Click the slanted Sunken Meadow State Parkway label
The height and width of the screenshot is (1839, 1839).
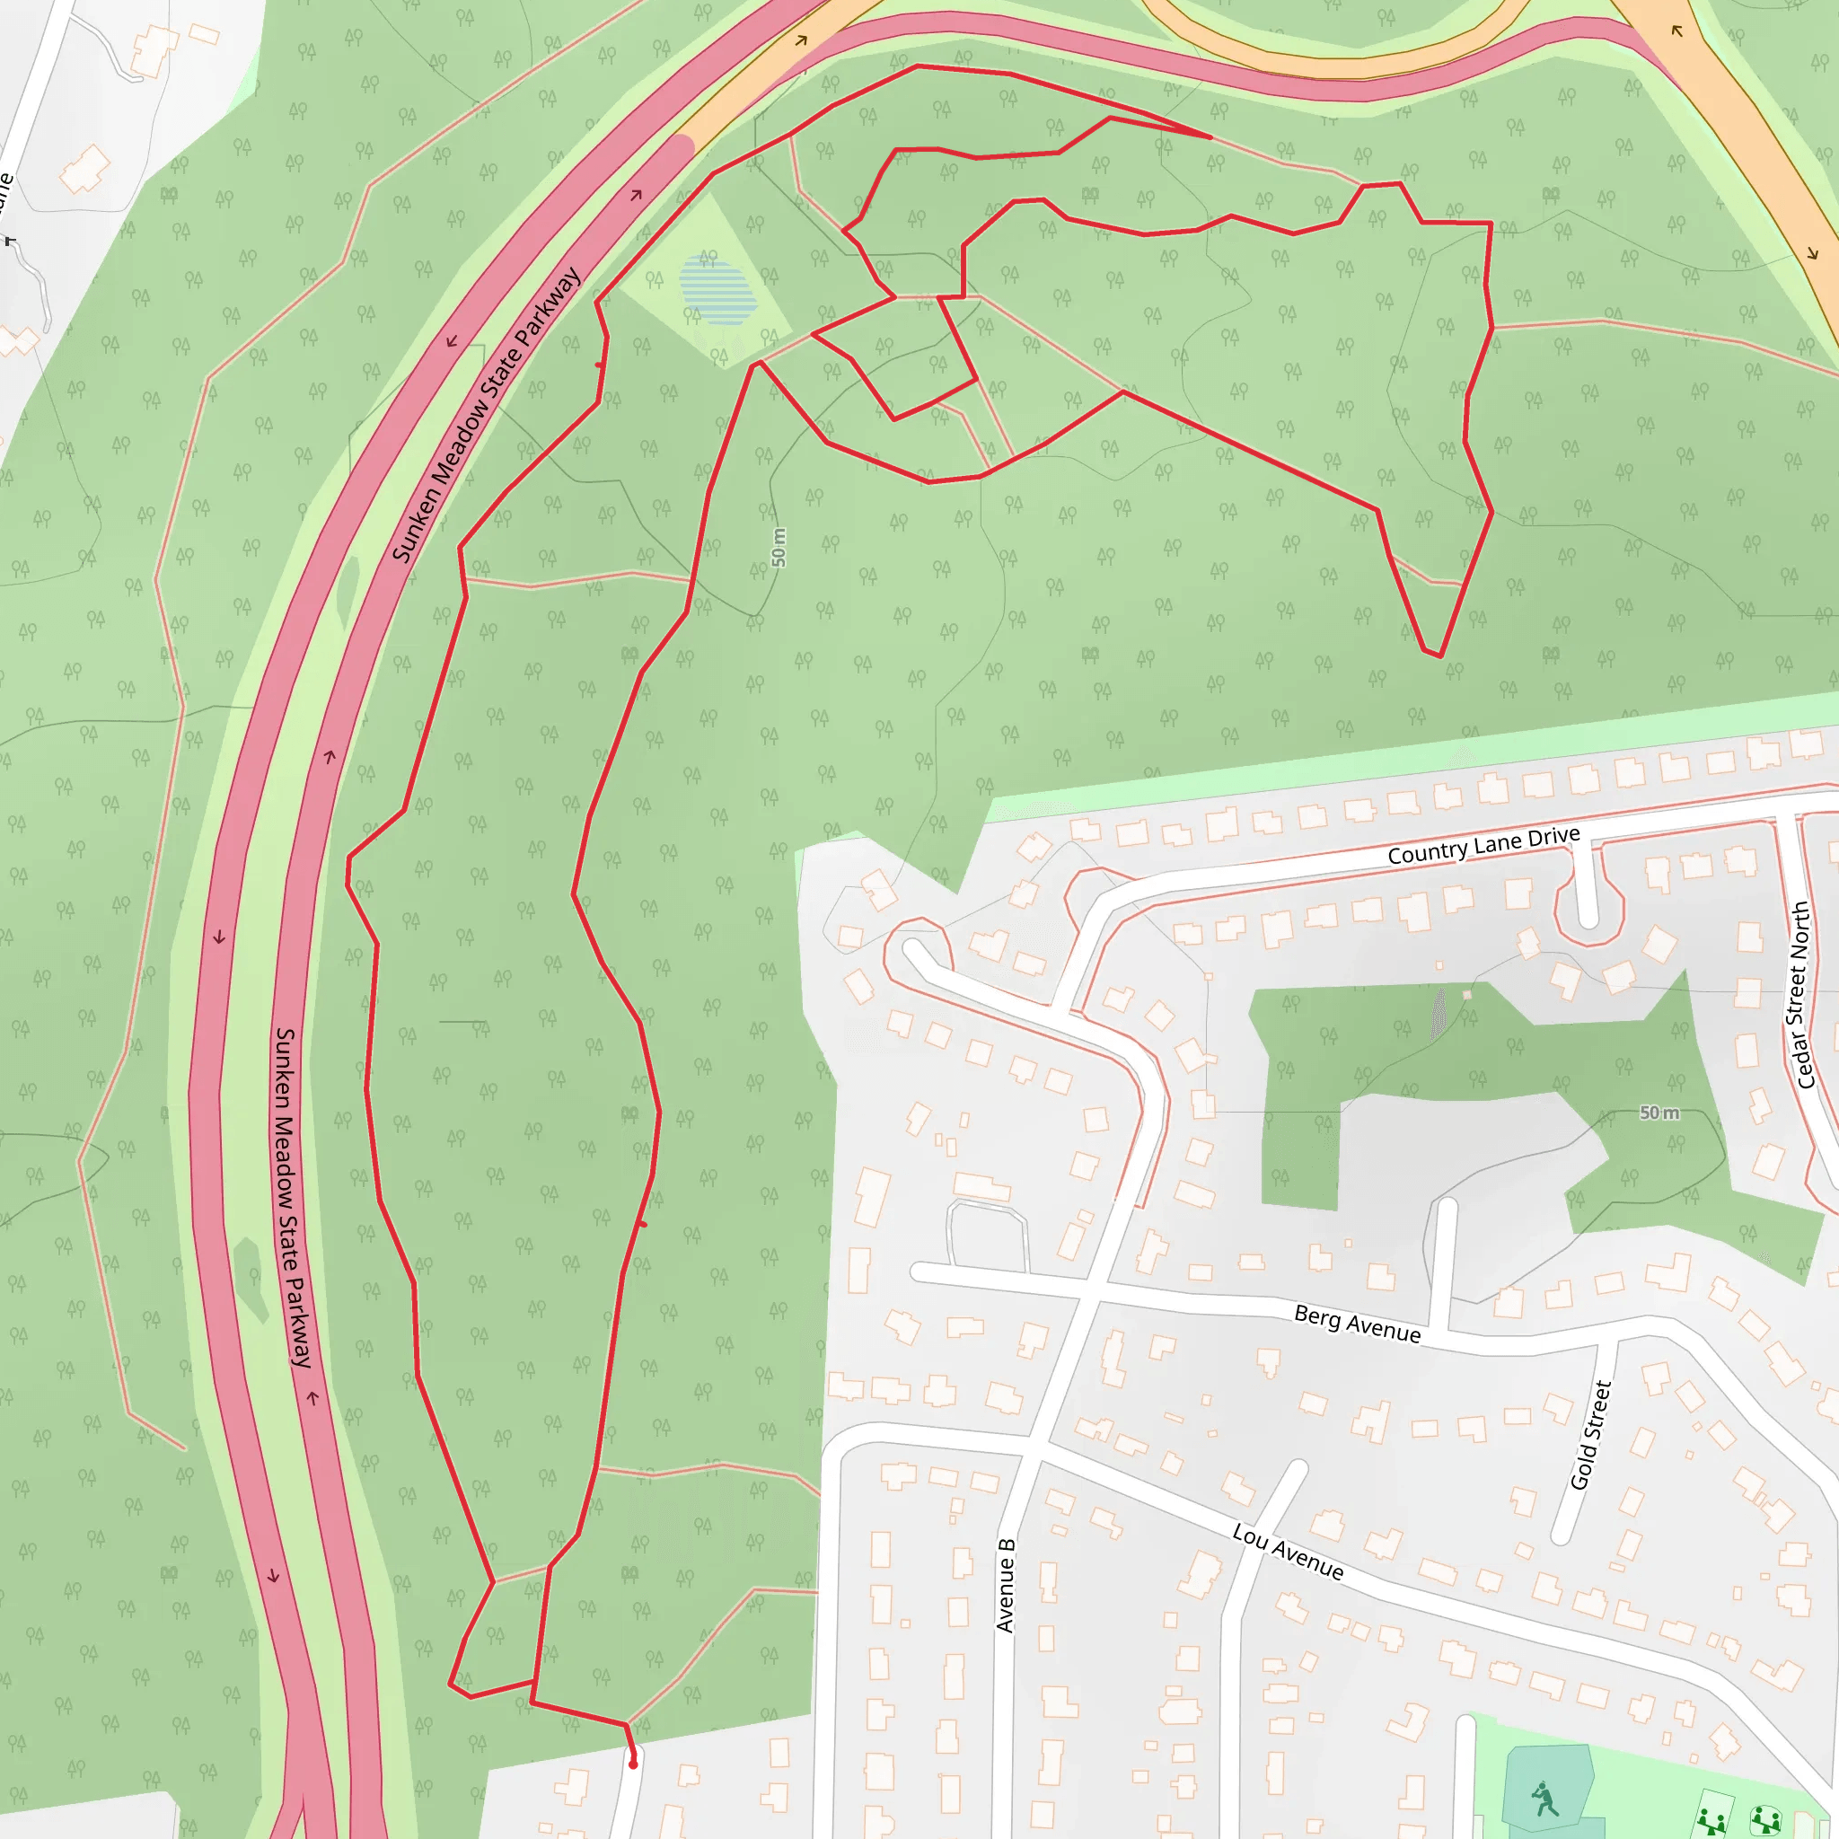pos(487,415)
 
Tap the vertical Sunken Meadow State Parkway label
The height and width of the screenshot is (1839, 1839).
pos(293,1198)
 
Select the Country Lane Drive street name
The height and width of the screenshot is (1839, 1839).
pos(1483,845)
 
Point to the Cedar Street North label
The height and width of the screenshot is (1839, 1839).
pos(1802,995)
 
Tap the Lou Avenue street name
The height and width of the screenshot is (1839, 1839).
pos(1288,1552)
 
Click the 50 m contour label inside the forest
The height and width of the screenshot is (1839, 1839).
pos(779,548)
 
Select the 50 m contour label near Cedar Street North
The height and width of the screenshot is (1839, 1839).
pos(1659,1113)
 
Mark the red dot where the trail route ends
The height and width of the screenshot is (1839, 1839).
pos(633,1764)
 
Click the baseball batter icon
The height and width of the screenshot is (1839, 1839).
pos(1544,1798)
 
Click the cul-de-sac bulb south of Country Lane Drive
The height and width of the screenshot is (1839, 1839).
pos(1588,915)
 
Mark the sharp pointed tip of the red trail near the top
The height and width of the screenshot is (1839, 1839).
pos(1210,137)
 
